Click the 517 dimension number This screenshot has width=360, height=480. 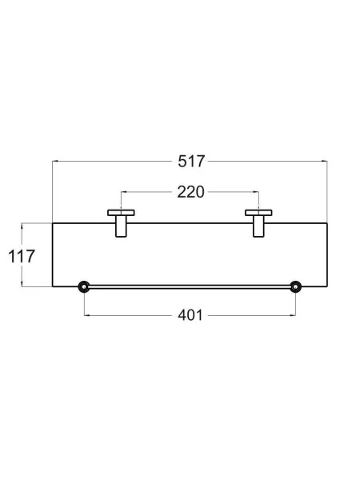[191, 162]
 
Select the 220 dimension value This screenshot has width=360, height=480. [190, 192]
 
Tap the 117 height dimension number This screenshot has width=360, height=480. [22, 257]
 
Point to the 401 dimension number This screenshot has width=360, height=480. [190, 315]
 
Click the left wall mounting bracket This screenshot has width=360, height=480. [121, 223]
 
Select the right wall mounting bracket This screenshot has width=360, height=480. [258, 223]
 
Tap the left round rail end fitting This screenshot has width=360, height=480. [84, 287]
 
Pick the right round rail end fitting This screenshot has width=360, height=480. [295, 287]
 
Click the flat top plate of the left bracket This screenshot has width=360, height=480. [121, 213]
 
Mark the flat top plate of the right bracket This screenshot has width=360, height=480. [258, 213]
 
